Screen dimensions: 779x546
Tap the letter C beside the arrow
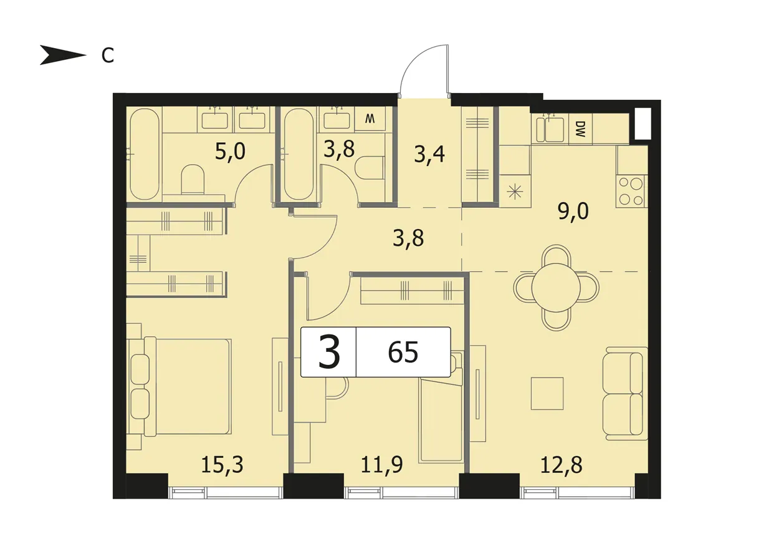[108, 55]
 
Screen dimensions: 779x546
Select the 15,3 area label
[222, 465]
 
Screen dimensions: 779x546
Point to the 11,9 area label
[382, 465]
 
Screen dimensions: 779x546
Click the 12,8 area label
[562, 465]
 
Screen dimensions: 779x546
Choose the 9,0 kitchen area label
[573, 211]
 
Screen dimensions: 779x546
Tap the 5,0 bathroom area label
[230, 152]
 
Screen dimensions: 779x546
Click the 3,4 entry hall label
[429, 154]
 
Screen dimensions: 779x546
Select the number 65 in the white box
[403, 353]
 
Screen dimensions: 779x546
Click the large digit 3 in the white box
[329, 352]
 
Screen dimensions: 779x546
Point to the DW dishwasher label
[580, 129]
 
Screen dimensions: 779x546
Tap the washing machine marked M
[370, 119]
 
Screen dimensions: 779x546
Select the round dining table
[556, 288]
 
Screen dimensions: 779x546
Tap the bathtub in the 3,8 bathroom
[298, 154]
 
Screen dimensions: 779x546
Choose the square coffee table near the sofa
[547, 394]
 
